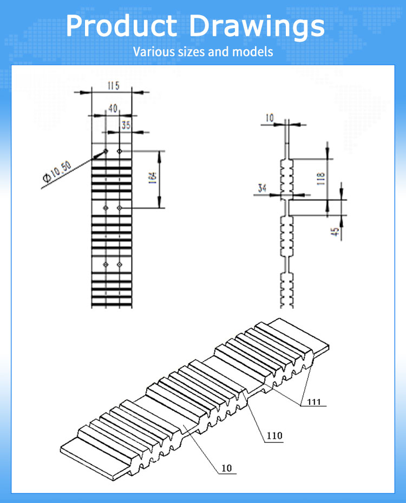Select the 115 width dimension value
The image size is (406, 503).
(113, 86)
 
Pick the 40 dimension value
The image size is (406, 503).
(113, 108)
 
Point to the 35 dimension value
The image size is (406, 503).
(126, 125)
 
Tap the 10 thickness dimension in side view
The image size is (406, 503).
(270, 117)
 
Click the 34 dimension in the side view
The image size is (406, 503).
(262, 188)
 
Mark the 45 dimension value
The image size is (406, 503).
(336, 231)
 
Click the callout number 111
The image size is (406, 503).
(314, 401)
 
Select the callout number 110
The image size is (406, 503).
(274, 435)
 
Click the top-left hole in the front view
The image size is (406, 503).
(106, 151)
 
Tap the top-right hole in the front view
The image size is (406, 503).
(120, 151)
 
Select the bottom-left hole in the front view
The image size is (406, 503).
(106, 264)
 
